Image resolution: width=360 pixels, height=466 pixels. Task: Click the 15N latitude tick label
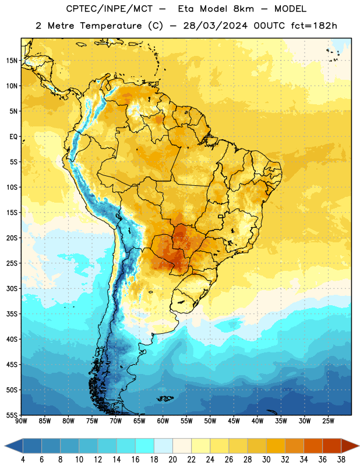point(12,61)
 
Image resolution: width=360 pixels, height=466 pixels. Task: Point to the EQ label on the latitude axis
point(13,137)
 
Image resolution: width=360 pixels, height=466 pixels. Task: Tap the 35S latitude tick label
point(12,314)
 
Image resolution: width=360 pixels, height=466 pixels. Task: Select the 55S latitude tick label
point(12,415)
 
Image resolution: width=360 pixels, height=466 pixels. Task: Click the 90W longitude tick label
point(21,421)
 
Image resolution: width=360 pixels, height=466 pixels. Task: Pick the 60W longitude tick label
point(163,421)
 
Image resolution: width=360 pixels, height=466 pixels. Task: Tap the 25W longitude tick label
point(328,421)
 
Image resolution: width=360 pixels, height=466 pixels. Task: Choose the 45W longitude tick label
point(234,421)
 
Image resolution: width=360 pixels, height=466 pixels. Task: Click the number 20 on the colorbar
point(172,460)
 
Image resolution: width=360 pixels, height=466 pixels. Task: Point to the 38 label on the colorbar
point(341,460)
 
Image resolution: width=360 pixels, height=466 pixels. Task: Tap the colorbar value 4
point(23,460)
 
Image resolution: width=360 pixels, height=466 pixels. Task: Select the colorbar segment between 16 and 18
point(144,446)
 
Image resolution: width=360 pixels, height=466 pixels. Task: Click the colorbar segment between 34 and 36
point(313,446)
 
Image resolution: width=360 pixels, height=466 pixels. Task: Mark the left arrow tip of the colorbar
point(5,446)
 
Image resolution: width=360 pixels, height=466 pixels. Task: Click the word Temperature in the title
point(111,26)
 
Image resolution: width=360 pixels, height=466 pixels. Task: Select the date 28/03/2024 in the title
point(215,26)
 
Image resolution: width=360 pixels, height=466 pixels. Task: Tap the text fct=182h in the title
point(314,26)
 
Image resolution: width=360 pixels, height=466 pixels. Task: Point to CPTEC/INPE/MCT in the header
point(109,9)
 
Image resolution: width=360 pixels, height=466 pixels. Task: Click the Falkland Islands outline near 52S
point(165,398)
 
